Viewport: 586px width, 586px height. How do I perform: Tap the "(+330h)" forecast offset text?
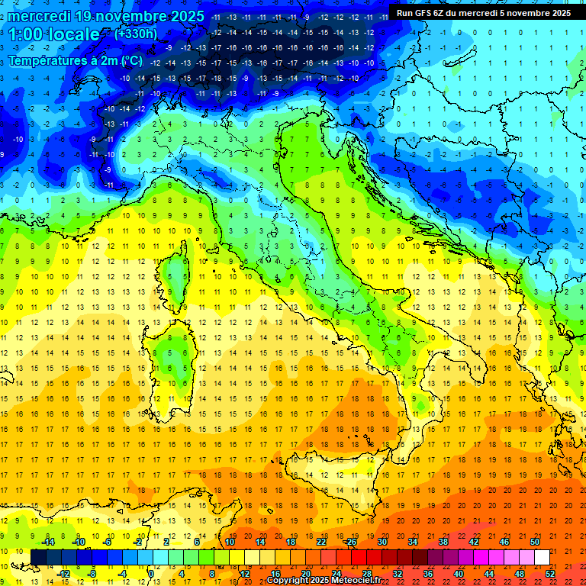[135, 34]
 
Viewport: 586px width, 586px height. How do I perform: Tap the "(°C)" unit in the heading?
[130, 60]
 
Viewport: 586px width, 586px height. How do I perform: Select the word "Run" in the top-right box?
[404, 13]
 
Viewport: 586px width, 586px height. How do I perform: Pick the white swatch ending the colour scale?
[542, 557]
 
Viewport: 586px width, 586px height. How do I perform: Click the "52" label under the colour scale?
[550, 573]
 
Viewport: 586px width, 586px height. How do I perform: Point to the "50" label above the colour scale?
[535, 542]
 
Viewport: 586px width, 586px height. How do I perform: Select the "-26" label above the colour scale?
[351, 542]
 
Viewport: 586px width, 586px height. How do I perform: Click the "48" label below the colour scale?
[520, 573]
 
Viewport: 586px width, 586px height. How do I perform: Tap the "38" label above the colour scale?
[443, 542]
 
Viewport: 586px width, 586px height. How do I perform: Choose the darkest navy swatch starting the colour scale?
[38, 557]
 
